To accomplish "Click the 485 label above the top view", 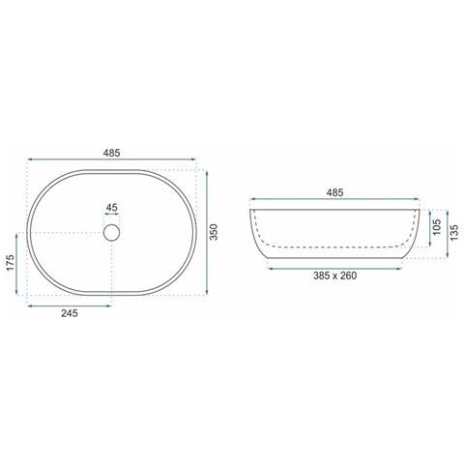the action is (111, 153).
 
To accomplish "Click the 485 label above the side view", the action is (334, 192).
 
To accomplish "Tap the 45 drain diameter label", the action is (111, 208).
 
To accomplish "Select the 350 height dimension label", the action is (214, 232).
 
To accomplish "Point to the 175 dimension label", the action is (10, 263).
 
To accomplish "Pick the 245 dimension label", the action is (70, 313).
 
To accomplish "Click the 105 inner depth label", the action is (437, 227).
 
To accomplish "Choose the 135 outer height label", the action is (453, 233).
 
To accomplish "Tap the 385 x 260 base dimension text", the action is (334, 275).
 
